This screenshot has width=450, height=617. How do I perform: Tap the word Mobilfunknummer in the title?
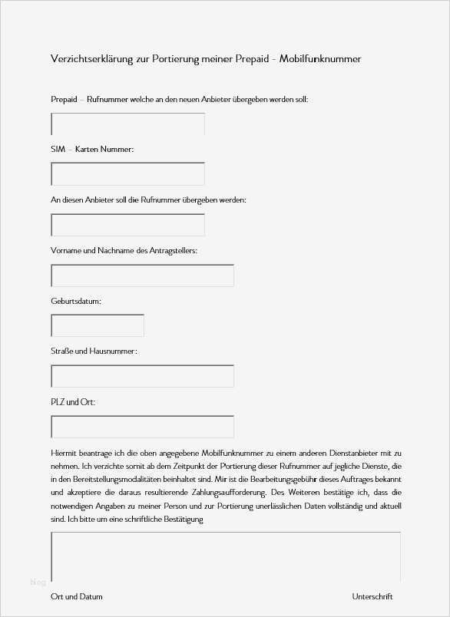pos(323,59)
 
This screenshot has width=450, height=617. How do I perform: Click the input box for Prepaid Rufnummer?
pos(127,124)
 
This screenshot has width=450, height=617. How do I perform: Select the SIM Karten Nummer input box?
pos(127,174)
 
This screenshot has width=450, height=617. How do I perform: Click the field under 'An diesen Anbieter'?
pos(127,225)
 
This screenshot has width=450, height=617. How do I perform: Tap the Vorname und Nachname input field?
pos(142,276)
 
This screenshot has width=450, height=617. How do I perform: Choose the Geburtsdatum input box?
pos(97,325)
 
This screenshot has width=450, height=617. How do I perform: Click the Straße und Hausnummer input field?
pos(142,376)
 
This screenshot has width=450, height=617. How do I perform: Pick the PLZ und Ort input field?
pos(142,427)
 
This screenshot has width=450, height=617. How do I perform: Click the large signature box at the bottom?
pos(225,557)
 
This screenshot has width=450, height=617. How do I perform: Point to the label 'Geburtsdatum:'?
pos(76,301)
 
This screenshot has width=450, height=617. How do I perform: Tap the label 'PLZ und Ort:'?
pos(73,402)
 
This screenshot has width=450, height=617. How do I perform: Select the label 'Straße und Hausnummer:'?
pos(94,351)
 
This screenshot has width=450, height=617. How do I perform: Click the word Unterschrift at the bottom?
pos(372,596)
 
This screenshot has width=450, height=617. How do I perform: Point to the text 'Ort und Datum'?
pos(77,596)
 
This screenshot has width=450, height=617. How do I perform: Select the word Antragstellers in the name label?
pos(172,250)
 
